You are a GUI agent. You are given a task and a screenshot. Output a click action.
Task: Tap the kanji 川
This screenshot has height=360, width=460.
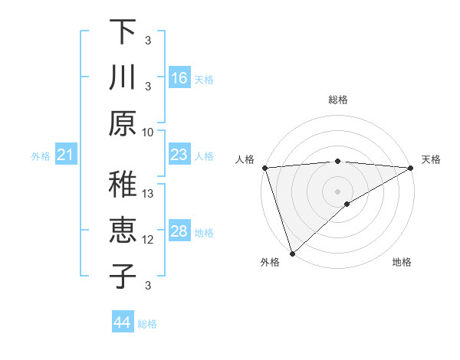[x=123, y=77]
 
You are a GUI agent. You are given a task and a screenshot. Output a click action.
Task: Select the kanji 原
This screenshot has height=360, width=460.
[x=123, y=123]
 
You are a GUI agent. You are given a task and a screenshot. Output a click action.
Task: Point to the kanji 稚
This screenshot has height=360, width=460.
[x=123, y=185]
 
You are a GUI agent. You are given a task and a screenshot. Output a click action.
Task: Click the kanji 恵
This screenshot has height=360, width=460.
[x=123, y=231]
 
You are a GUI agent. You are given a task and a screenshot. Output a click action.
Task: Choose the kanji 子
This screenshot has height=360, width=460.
[x=123, y=276]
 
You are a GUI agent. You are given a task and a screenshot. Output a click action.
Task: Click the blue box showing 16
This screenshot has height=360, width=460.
[x=179, y=78]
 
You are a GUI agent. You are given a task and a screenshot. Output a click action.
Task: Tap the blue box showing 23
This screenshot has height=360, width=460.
[x=179, y=155]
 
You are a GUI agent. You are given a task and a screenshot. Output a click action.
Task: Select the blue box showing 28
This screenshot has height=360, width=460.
[x=179, y=231]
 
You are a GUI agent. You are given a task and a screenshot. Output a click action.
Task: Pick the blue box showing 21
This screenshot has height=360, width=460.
[x=66, y=155]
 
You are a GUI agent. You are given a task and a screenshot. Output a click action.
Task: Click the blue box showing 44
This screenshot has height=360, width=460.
[x=122, y=322]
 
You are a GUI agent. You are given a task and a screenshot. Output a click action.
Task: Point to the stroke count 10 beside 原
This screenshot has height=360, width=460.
[x=148, y=132]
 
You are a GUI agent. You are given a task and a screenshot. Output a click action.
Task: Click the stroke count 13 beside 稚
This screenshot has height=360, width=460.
[x=149, y=194]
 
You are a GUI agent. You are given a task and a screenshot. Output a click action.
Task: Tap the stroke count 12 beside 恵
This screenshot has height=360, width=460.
[x=149, y=240]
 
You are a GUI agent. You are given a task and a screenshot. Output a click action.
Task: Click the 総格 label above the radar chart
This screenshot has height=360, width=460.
[x=337, y=100]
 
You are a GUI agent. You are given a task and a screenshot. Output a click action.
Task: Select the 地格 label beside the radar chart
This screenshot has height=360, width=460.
[x=402, y=263]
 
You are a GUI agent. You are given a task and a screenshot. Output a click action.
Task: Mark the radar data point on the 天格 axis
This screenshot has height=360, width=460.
[x=411, y=167]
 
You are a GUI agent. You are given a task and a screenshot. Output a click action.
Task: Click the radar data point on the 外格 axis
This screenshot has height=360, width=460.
[x=292, y=253]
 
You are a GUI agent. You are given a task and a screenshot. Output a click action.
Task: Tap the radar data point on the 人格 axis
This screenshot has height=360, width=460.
[x=264, y=167]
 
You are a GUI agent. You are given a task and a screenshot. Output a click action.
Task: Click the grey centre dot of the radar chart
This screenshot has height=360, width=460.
[x=337, y=191]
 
